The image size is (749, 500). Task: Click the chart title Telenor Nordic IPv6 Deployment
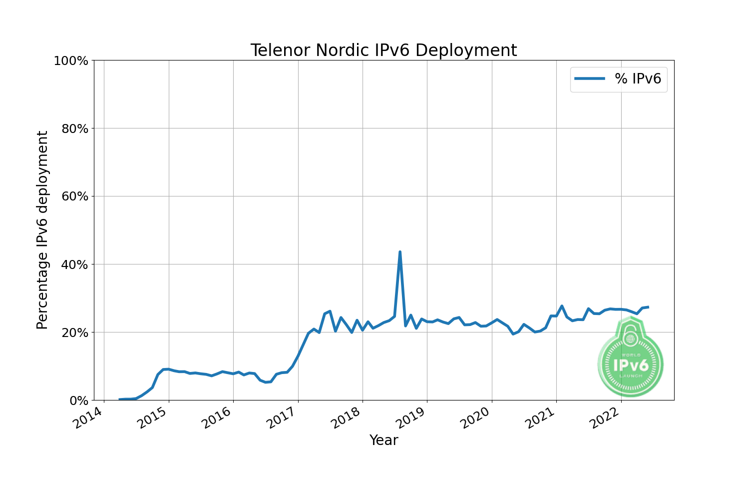point(383,50)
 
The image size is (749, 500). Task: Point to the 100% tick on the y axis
point(71,61)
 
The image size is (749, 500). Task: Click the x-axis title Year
point(383,440)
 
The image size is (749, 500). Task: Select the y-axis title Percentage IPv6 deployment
point(42,230)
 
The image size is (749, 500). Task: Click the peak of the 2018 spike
point(400,252)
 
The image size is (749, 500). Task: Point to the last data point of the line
point(648,307)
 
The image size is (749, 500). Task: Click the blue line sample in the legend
point(590,78)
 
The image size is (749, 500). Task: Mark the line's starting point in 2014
point(120,399)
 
